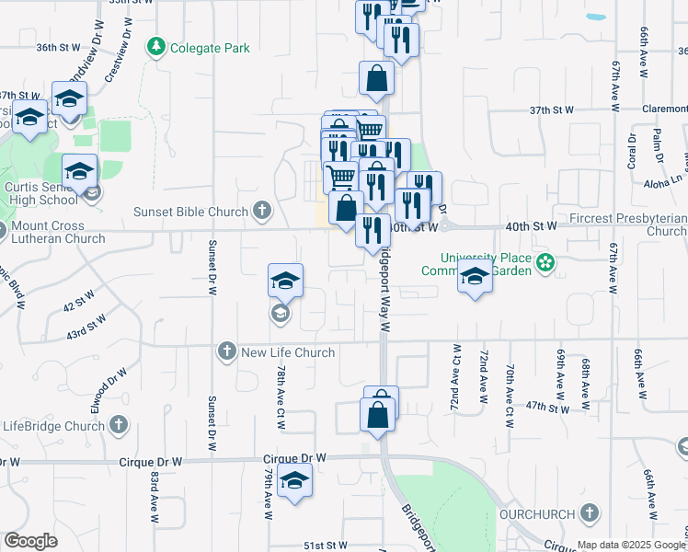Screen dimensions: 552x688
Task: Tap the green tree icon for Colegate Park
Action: [x=157, y=46]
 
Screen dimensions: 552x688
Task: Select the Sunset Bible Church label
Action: [x=190, y=212]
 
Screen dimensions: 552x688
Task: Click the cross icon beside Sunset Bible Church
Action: [x=262, y=212]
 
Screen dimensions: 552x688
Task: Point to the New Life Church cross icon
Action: [x=227, y=351]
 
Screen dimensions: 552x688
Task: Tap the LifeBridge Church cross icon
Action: [x=119, y=425]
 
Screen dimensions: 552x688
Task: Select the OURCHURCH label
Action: [x=537, y=512]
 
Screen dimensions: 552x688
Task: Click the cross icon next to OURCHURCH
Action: [x=590, y=512]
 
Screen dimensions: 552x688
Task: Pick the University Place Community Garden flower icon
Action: [x=546, y=263]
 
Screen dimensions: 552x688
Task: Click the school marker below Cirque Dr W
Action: [x=294, y=480]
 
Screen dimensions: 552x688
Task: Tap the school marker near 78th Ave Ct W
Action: [x=285, y=281]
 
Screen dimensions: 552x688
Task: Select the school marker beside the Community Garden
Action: [x=475, y=276]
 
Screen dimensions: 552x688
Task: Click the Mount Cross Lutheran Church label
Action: [x=54, y=232]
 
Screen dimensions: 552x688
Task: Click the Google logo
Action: [x=31, y=541]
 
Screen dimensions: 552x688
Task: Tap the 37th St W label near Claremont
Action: [x=551, y=109]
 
